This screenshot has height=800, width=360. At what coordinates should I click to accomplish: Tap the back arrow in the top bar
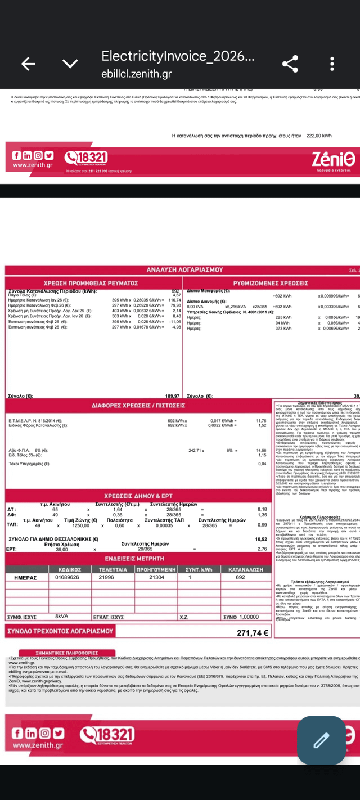tap(28, 64)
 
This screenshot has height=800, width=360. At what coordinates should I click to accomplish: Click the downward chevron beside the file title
tap(70, 64)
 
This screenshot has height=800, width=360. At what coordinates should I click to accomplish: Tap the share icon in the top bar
tap(290, 64)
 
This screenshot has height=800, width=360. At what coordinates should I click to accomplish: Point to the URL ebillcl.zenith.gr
tap(137, 74)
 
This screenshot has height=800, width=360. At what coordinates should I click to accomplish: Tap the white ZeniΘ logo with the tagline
tap(334, 160)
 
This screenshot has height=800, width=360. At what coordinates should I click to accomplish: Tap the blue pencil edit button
tap(321, 740)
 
